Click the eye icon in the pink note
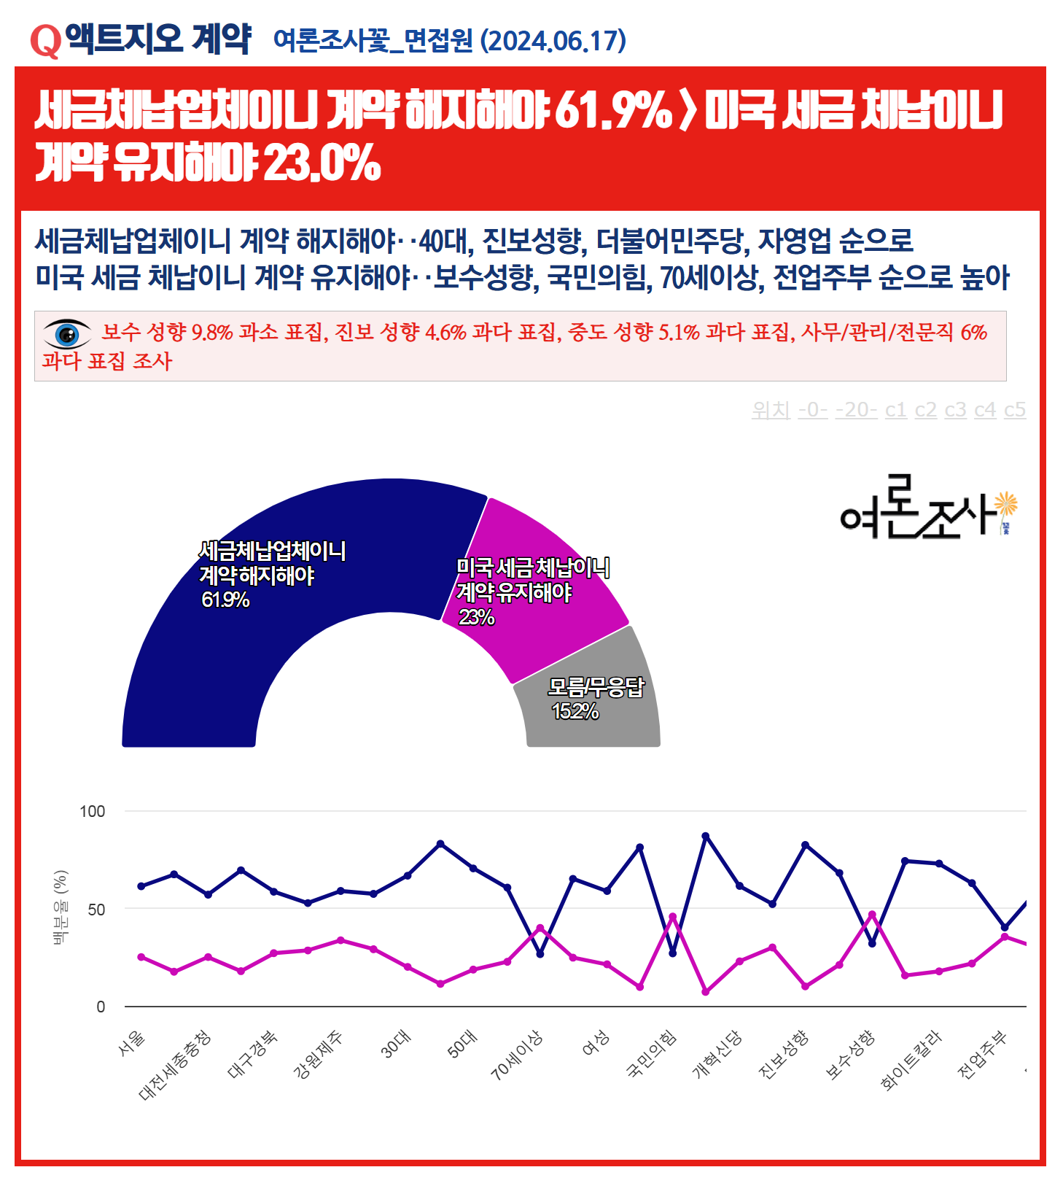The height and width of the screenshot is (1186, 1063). tap(67, 334)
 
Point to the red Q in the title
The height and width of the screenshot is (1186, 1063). tap(45, 41)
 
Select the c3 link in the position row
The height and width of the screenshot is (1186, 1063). tap(955, 410)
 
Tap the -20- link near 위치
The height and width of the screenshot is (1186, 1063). tap(856, 410)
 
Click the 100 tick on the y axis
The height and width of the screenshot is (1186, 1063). tap(92, 811)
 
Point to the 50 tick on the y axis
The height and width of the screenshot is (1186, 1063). tap(96, 910)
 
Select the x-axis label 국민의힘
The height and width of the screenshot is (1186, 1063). tap(653, 1054)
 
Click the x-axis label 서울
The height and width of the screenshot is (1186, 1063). tap(132, 1043)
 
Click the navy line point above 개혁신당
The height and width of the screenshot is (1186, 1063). tap(705, 837)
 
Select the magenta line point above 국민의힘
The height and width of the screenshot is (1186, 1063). tap(672, 917)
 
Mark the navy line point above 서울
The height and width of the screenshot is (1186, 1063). tap(141, 886)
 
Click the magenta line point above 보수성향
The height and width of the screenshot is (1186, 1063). tap(872, 915)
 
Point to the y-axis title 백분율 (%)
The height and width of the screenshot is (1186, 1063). tap(61, 907)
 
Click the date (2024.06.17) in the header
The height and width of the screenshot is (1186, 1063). tap(553, 41)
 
